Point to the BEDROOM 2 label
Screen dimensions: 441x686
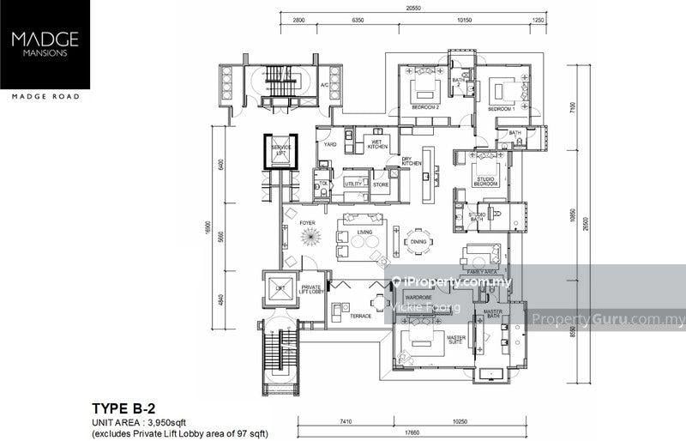click(x=426, y=109)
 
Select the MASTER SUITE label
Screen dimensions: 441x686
click(x=457, y=340)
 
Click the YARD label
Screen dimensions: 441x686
click(x=329, y=145)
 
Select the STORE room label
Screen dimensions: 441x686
click(x=381, y=184)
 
